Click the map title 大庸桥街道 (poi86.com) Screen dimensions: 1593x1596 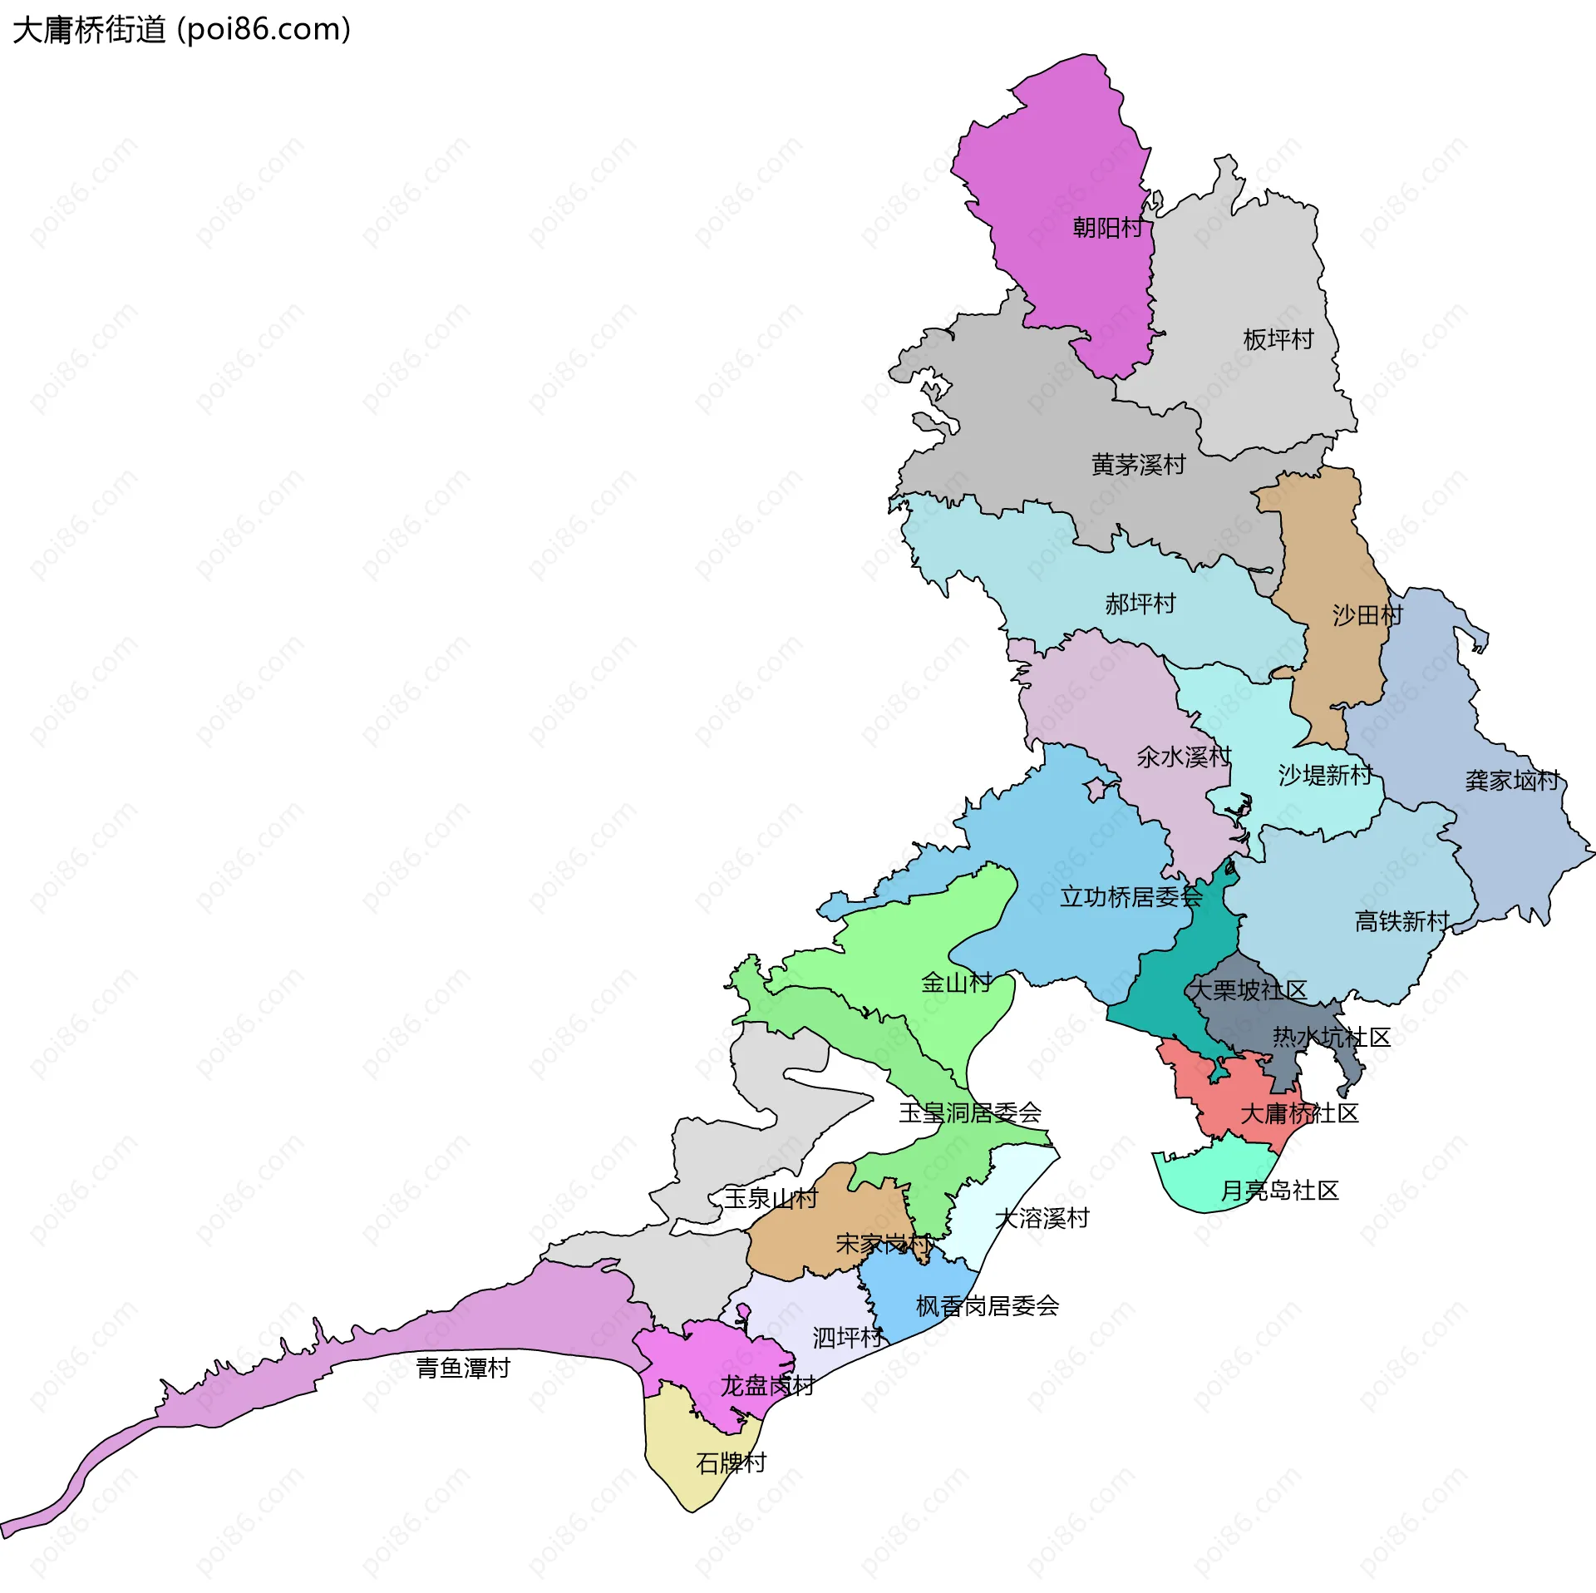point(181,30)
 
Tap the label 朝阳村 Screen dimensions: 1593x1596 point(1107,227)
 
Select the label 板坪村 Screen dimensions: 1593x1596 point(1278,339)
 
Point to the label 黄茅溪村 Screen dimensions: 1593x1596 point(1138,464)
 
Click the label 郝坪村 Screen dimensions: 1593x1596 point(1140,604)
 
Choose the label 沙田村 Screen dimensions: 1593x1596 point(1367,615)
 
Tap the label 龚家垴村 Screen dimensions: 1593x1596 point(1511,780)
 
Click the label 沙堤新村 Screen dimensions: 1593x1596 point(1324,775)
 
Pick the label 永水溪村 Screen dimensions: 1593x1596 point(1183,757)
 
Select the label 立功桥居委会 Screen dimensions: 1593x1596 point(1130,896)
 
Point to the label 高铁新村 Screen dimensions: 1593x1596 point(1401,920)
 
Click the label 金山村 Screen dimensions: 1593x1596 point(956,983)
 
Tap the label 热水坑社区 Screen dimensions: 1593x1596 point(1331,1037)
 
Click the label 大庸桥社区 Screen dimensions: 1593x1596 point(1298,1112)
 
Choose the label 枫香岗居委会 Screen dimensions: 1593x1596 point(987,1305)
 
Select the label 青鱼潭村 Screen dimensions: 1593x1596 point(462,1368)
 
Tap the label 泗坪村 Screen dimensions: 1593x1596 point(847,1337)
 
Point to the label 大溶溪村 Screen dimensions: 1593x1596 point(1042,1218)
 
